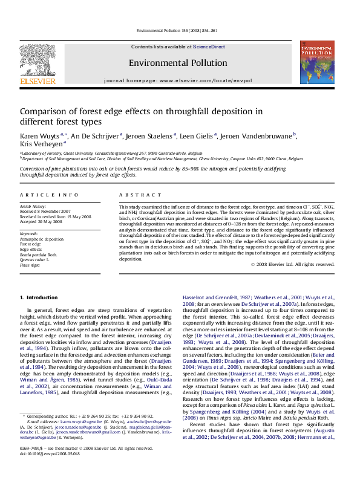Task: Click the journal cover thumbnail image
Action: pyautogui.click(x=316, y=62)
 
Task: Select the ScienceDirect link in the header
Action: pyautogui.click(x=209, y=47)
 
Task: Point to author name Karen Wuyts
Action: pyautogui.click(x=39, y=135)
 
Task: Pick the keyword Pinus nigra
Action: pyautogui.click(x=30, y=265)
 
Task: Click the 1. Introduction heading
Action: pyautogui.click(x=39, y=297)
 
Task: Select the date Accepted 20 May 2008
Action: pyautogui.click(x=41, y=221)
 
